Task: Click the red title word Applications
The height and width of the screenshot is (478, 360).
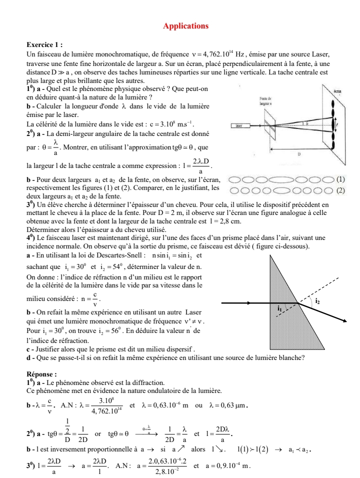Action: click(x=185, y=25)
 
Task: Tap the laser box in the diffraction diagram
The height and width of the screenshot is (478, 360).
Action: click(x=235, y=128)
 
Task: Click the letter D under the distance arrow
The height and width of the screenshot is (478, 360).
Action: click(x=299, y=155)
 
